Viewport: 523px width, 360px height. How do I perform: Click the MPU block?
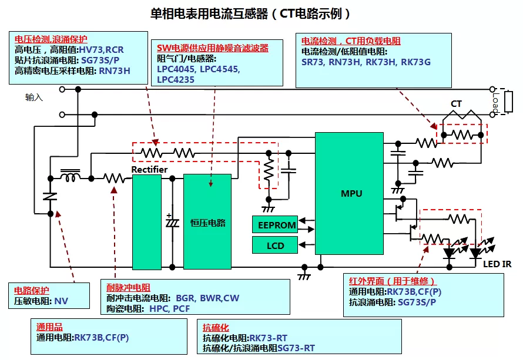pos(349,193)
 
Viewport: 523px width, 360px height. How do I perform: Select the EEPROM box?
pos(275,224)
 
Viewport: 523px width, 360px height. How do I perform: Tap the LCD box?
pos(275,245)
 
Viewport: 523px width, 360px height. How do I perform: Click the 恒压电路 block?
pos(207,221)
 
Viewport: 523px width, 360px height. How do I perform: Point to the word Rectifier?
pos(149,169)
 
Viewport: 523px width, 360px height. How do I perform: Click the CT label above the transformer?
pos(456,104)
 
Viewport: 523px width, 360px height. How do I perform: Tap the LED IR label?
pos(497,264)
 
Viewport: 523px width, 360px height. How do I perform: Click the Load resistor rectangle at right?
pos(508,102)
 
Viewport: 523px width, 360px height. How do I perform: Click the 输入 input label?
pos(34,97)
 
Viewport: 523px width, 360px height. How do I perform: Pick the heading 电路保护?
pos(32,290)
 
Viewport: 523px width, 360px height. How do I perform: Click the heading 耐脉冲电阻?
pos(129,287)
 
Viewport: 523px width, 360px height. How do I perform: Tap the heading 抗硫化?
pos(216,327)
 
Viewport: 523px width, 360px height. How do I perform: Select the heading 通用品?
pos(49,327)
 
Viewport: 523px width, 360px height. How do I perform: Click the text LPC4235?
pos(176,80)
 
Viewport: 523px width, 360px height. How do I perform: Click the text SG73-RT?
pos(296,348)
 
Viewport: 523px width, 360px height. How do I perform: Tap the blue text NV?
pos(61,301)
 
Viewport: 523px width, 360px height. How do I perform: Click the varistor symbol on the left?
pos(51,196)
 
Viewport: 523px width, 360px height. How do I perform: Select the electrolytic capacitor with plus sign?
pos(172,221)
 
